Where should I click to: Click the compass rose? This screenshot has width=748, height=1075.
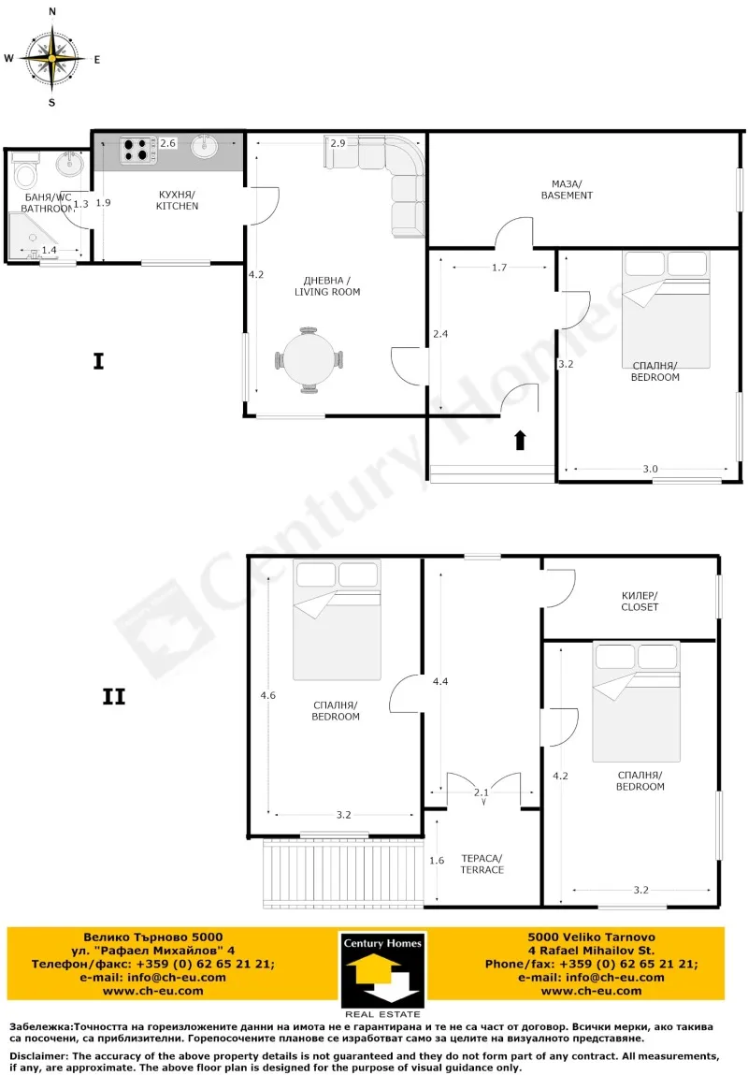click(52, 58)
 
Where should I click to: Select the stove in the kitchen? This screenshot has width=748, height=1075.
click(137, 150)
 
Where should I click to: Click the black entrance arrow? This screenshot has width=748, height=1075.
click(520, 440)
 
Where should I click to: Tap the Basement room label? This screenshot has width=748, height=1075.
click(567, 190)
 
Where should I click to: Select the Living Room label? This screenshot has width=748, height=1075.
click(327, 286)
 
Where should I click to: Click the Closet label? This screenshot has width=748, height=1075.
click(640, 602)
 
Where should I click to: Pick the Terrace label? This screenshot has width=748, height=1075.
click(482, 864)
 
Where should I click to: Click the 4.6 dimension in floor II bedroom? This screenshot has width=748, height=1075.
click(267, 695)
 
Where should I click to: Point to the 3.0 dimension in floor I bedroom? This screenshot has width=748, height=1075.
click(650, 469)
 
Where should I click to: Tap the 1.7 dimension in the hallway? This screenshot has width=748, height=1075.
click(499, 268)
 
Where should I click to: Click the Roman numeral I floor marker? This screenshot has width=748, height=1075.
click(98, 361)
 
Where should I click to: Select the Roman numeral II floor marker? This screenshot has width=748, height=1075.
click(114, 697)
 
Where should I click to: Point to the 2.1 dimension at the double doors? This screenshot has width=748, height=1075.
click(482, 792)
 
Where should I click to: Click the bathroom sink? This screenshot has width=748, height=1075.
click(69, 163)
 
